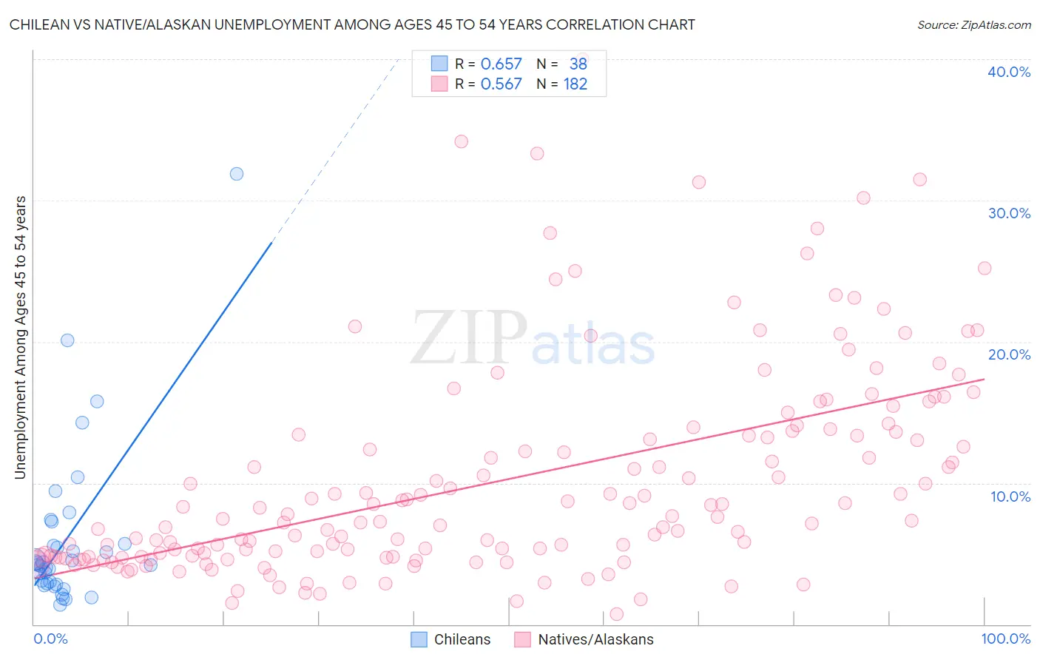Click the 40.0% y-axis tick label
coord(1009,72)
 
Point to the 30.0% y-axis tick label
coord(1009,213)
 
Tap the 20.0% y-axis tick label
coord(1009,354)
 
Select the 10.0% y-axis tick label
coord(1010,496)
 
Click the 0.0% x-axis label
coord(50,639)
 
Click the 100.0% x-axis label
coord(1005,639)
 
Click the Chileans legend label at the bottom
coord(462,639)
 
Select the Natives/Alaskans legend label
coord(595,639)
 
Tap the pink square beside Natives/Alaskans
coord(523,639)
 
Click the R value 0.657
coord(501,64)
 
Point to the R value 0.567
coord(501,84)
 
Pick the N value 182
coord(575,84)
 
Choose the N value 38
coord(578,64)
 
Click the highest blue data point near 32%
coord(237,174)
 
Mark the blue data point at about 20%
coord(67,340)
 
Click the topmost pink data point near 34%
coord(462,141)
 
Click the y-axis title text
coord(20,337)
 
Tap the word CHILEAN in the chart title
coord(38,24)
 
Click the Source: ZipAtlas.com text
coord(973,24)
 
